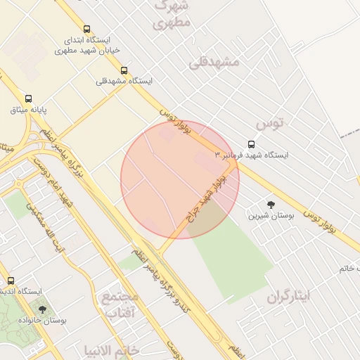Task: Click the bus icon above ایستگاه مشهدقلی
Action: pos(124,70)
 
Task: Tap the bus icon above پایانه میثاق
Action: pos(28,98)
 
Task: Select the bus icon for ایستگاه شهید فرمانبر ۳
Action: pos(251,143)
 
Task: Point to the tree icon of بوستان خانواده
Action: pos(42,309)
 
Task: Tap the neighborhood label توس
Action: pos(270,124)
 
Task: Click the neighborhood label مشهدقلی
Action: pos(214,62)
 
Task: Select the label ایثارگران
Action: pos(288,296)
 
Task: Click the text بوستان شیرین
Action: pos(263,215)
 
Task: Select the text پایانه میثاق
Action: pos(28,110)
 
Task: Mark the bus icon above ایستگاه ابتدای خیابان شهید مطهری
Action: pos(86,30)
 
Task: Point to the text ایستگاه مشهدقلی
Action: pos(124,82)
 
